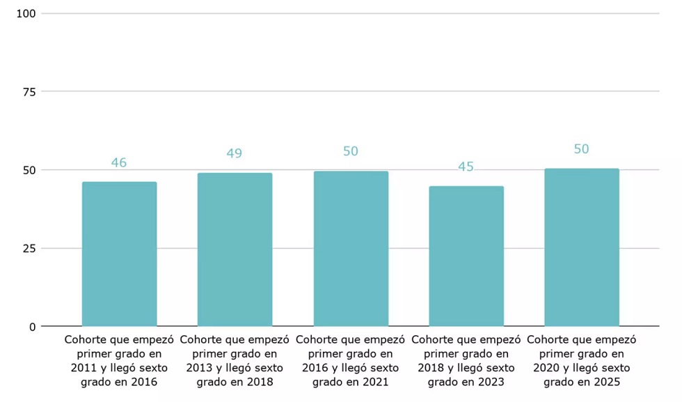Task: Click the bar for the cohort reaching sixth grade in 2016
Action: pyautogui.click(x=119, y=254)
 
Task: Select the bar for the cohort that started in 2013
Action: pyautogui.click(x=235, y=249)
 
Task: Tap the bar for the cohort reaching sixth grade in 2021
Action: pyautogui.click(x=351, y=249)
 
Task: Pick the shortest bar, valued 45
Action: pyautogui.click(x=466, y=256)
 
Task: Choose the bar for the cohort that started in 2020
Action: pyautogui.click(x=582, y=247)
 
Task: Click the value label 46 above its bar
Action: pyautogui.click(x=119, y=162)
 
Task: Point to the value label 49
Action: pyautogui.click(x=234, y=153)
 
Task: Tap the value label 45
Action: pyautogui.click(x=466, y=167)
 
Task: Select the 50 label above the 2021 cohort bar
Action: pyautogui.click(x=351, y=151)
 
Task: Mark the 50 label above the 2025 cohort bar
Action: pyautogui.click(x=581, y=149)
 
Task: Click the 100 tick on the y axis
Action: pyautogui.click(x=26, y=13)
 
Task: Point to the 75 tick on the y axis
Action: pyautogui.click(x=29, y=92)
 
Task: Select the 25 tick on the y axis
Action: pyautogui.click(x=29, y=249)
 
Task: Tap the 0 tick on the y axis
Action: pyautogui.click(x=33, y=327)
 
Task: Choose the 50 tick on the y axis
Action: pyautogui.click(x=29, y=170)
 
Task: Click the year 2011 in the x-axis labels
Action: pyautogui.click(x=84, y=368)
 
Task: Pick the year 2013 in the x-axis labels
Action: pyautogui.click(x=199, y=368)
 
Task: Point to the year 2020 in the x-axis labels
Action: pyautogui.click(x=546, y=368)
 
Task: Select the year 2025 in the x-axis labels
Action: pyautogui.click(x=607, y=382)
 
